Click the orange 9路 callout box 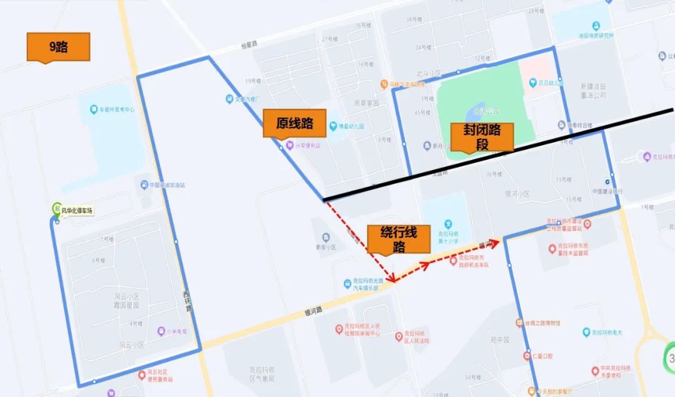[x=58, y=46]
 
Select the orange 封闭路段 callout [x=482, y=137]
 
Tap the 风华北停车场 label [x=77, y=211]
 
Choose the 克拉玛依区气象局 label [x=262, y=374]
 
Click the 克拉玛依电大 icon [x=586, y=332]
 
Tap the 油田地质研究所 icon [x=596, y=26]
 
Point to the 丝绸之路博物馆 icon [x=519, y=323]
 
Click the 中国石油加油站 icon [x=144, y=185]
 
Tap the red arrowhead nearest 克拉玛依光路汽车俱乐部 [x=392, y=279]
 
